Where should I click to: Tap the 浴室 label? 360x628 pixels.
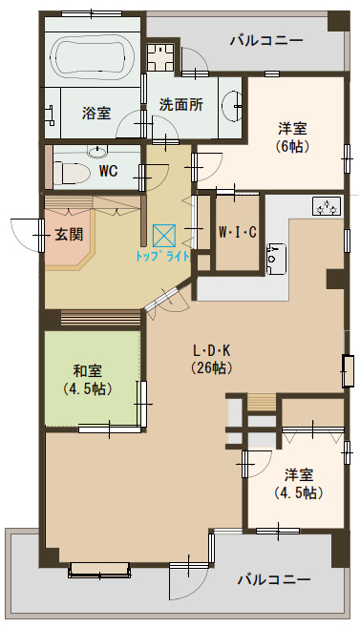(96, 113)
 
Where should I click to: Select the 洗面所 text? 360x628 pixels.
(180, 106)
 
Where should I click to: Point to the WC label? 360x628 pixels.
(109, 171)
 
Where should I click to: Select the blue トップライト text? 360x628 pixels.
(163, 257)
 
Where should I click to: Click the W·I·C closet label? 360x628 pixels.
(237, 232)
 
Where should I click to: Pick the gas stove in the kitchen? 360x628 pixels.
(326, 206)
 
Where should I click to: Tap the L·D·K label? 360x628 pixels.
(213, 348)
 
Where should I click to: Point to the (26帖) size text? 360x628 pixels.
(213, 366)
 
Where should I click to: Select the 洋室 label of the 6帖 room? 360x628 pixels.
(292, 129)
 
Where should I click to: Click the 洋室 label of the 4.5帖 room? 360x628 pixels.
(299, 474)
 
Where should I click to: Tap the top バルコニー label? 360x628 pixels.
(266, 41)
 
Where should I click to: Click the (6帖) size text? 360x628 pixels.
(292, 147)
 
